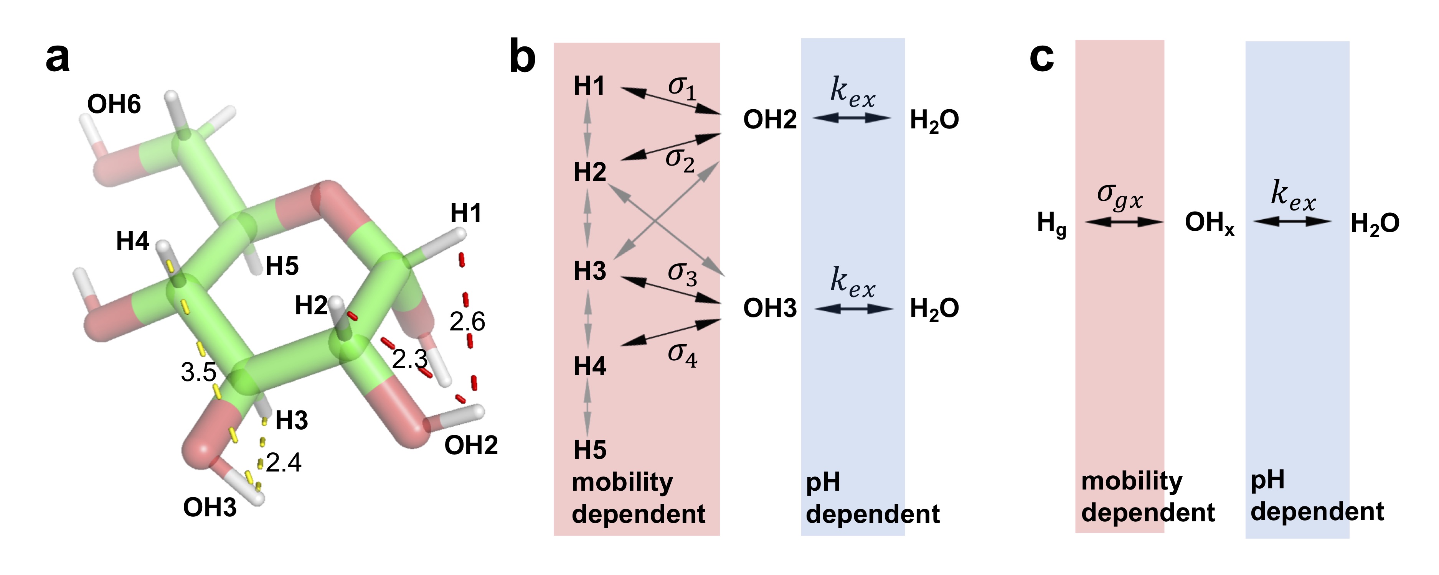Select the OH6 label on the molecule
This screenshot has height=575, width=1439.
coord(114,104)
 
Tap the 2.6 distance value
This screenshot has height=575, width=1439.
coord(467,322)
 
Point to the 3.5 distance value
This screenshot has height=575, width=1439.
coord(198,372)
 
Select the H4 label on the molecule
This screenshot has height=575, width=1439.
coord(132,241)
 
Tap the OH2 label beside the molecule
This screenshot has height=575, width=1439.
coord(471,445)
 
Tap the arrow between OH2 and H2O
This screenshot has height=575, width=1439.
coord(852,118)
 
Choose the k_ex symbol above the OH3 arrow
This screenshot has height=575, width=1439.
coord(852,282)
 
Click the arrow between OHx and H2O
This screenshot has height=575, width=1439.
coord(1292,222)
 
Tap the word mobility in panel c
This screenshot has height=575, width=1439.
coord(1132,481)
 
